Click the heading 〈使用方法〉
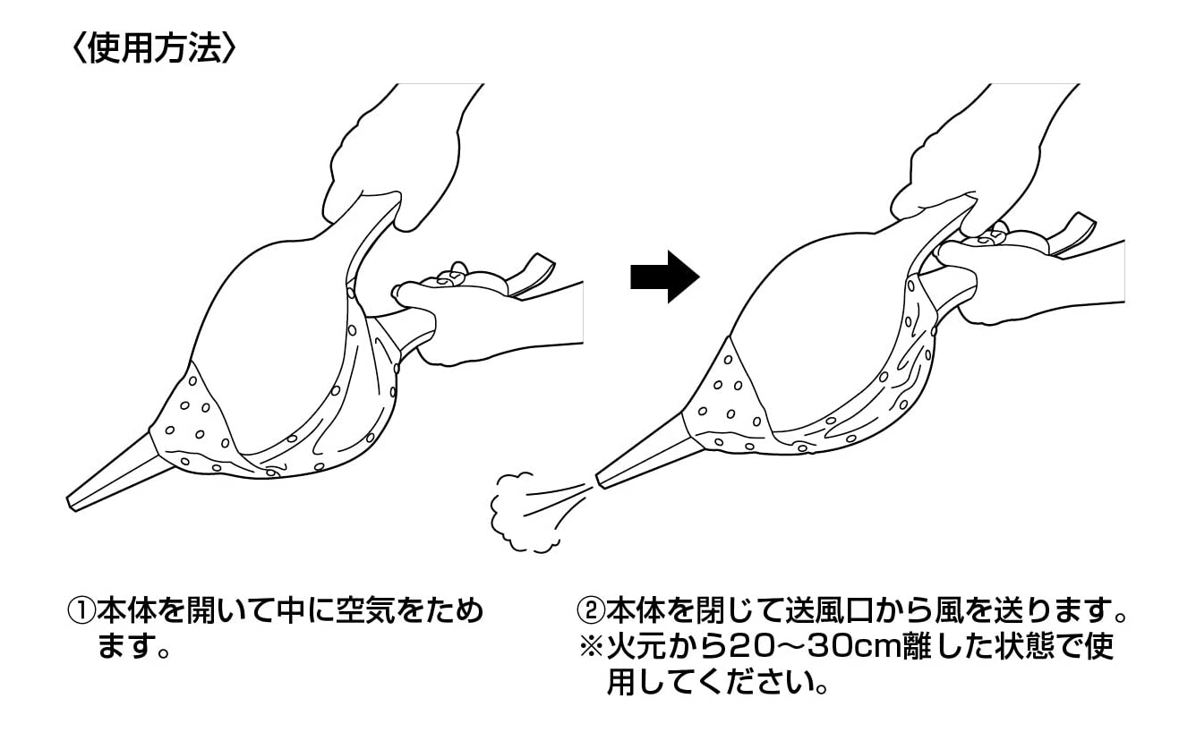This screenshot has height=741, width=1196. coord(152,49)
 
